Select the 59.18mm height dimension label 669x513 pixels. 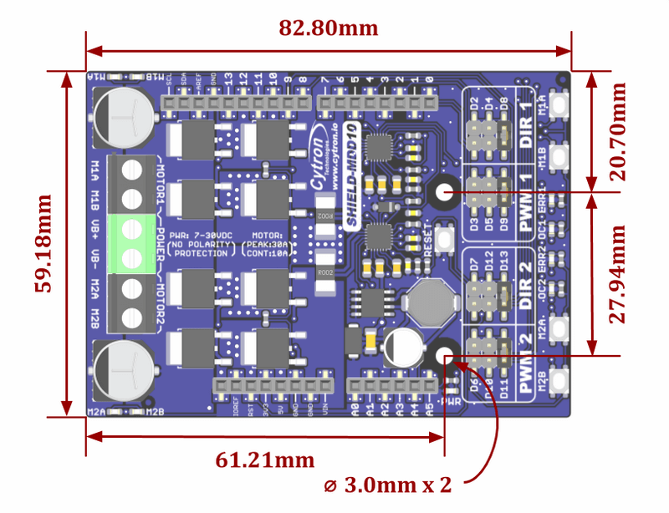pyautogui.click(x=42, y=243)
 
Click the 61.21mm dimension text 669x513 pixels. pyautogui.click(x=265, y=460)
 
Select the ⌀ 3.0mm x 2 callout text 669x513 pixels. pyautogui.click(x=391, y=485)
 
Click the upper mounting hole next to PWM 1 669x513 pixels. pyautogui.click(x=443, y=193)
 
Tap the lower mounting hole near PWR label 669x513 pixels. pyautogui.click(x=443, y=356)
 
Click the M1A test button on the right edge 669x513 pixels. pyautogui.click(x=555, y=106)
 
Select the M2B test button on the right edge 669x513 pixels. pyautogui.click(x=555, y=381)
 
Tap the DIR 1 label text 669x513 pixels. pyautogui.click(x=524, y=125)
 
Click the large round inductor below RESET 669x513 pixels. pyautogui.click(x=427, y=299)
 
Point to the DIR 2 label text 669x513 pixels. pyautogui.click(x=524, y=286)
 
